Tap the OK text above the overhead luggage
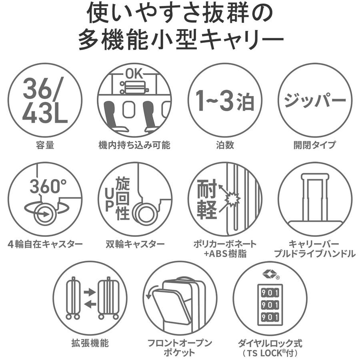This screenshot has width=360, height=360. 134,74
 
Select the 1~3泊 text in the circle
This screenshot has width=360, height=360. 225,100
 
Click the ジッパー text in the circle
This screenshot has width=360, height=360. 315,100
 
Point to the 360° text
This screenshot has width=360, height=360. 48,186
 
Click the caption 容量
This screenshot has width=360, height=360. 45,145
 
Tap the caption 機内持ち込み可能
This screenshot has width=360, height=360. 134,145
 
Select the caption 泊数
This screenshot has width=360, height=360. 225,145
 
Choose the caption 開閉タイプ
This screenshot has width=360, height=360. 315,145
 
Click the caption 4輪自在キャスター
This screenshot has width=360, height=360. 45,244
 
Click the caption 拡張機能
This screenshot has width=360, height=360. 90,343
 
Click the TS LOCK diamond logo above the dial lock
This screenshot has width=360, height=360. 269,274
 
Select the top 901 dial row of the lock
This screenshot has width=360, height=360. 270,293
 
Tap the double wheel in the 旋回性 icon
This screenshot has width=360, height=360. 145,213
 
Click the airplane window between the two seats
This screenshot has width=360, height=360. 128,109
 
